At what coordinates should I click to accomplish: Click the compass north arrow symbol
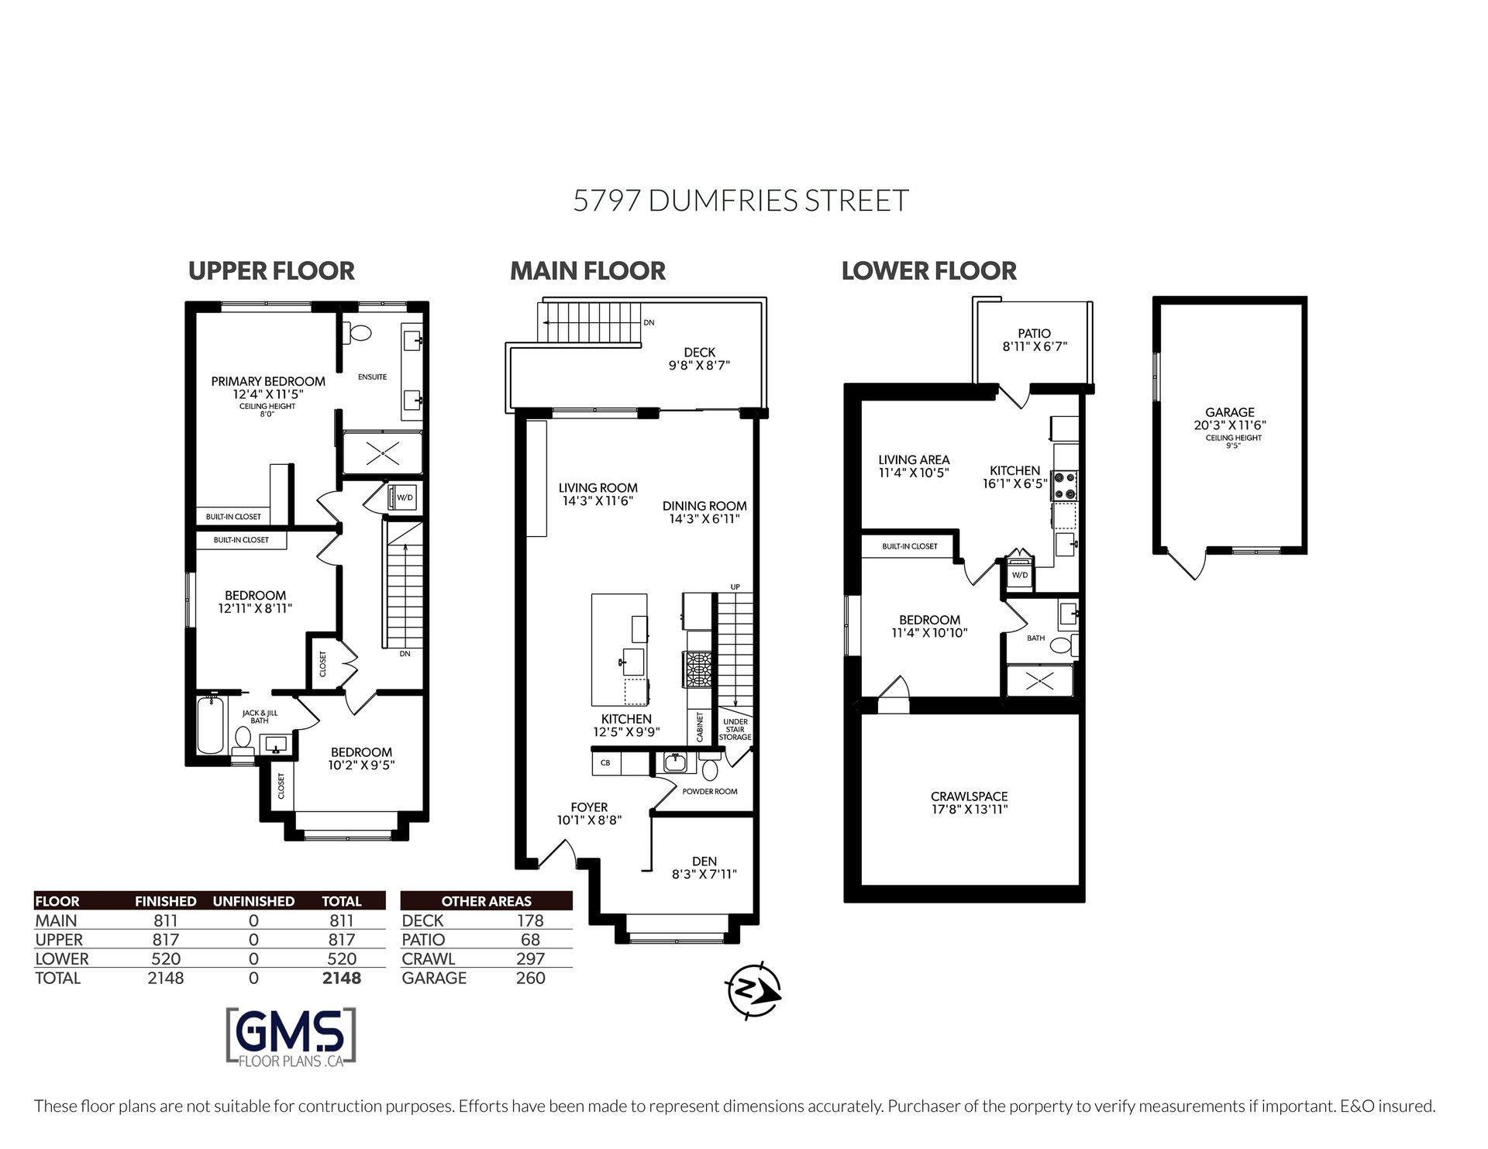[x=753, y=989]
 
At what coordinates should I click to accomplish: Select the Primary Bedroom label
[x=268, y=381]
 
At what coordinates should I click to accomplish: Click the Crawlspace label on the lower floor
[x=969, y=796]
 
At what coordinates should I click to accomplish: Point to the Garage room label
[x=1229, y=413]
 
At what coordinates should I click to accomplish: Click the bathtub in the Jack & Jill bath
[x=210, y=725]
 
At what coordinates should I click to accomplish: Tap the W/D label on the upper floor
[x=405, y=497]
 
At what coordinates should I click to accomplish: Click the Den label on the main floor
[x=704, y=861]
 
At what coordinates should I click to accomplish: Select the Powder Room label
[x=710, y=792]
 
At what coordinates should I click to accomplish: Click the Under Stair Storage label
[x=735, y=729]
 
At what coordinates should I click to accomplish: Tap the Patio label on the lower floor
[x=1035, y=334]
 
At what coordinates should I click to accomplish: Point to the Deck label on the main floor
[x=699, y=353]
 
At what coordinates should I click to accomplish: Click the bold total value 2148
[x=342, y=979]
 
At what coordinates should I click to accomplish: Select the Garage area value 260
[x=531, y=979]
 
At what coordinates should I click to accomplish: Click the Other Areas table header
[x=487, y=901]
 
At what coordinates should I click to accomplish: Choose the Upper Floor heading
[x=271, y=270]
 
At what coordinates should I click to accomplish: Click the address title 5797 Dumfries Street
[x=741, y=201]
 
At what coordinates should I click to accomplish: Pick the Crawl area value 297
[x=531, y=959]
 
